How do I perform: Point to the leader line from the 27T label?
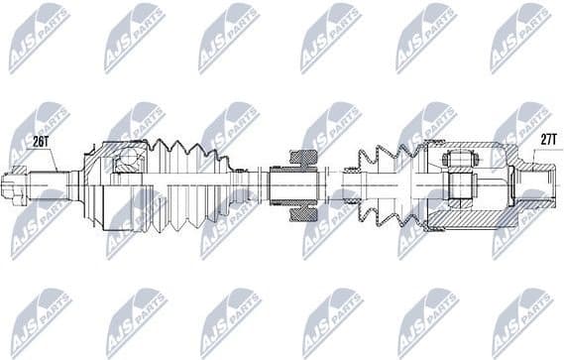pyautogui.click(x=535, y=159)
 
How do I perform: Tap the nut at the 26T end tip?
pyautogui.click(x=15, y=185)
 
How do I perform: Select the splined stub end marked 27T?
pyautogui.click(x=534, y=184)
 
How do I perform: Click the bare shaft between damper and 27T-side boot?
pyautogui.click(x=335, y=184)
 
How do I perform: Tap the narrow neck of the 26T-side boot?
pyautogui.click(x=238, y=184)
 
